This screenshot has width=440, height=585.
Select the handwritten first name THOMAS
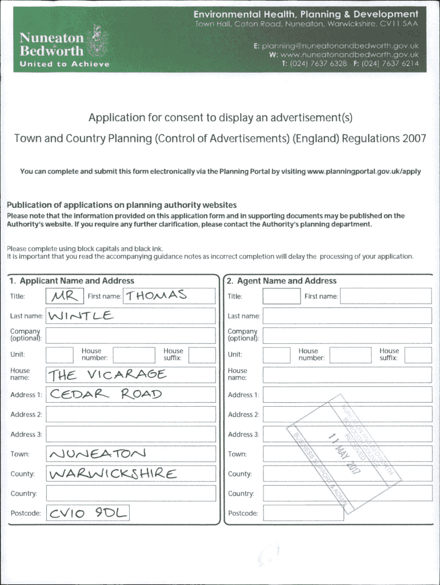click(157, 295)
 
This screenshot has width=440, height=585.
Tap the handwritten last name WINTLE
click(82, 315)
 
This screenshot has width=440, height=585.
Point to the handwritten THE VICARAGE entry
click(107, 375)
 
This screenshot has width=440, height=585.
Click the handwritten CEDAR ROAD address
click(106, 394)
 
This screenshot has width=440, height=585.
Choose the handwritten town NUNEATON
click(98, 454)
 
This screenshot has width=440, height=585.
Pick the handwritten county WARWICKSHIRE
click(113, 474)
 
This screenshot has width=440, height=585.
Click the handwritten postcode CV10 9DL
click(88, 513)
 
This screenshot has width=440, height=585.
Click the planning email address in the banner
click(341, 45)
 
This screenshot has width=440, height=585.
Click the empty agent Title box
click(281, 296)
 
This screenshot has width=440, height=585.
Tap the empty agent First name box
click(386, 296)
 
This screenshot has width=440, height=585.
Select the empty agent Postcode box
click(303, 513)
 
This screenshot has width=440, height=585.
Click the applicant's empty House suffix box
click(202, 355)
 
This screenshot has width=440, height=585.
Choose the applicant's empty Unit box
click(59, 355)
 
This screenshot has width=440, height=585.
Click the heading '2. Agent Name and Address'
click(281, 281)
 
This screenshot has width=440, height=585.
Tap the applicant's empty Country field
click(131, 494)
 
